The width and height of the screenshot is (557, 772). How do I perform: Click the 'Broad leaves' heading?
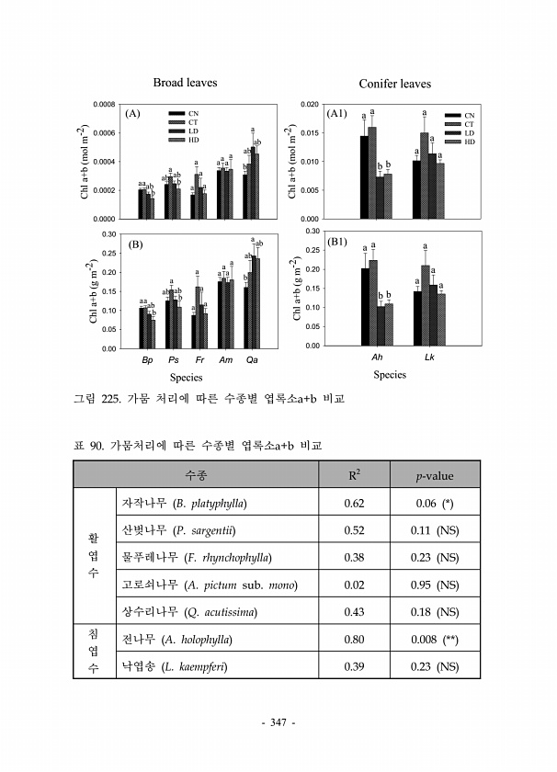pyautogui.click(x=185, y=83)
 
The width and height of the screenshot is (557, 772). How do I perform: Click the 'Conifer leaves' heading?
pyautogui.click(x=394, y=84)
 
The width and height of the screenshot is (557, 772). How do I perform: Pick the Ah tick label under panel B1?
pyautogui.click(x=377, y=357)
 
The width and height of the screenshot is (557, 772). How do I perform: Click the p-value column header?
pyautogui.click(x=436, y=475)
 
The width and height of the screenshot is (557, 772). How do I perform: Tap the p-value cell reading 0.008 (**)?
pyautogui.click(x=436, y=639)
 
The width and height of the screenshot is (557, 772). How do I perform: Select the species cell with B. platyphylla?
pyautogui.click(x=184, y=503)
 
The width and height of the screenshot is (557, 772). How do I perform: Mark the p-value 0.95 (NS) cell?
pyautogui.click(x=436, y=585)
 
